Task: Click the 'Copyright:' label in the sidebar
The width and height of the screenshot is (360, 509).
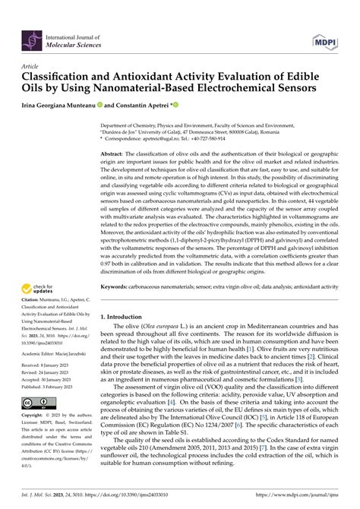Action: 37,416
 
